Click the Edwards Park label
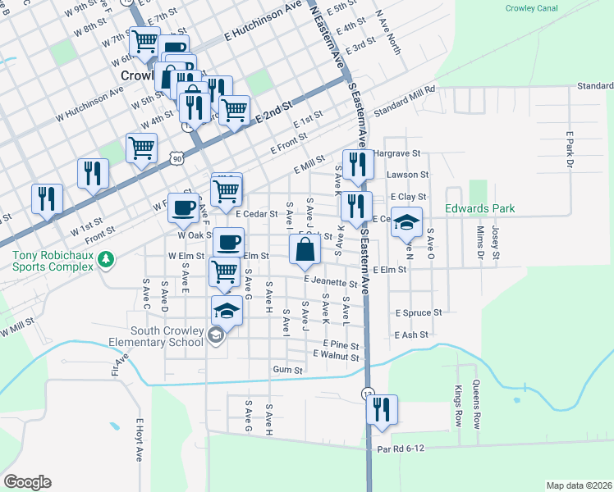point(480,208)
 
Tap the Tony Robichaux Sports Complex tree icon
point(104,260)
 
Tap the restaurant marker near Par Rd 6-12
point(382,409)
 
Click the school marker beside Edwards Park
point(405,222)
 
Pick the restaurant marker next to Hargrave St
point(355,164)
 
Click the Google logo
point(27,482)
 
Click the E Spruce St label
point(418,313)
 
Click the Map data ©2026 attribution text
point(579,485)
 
